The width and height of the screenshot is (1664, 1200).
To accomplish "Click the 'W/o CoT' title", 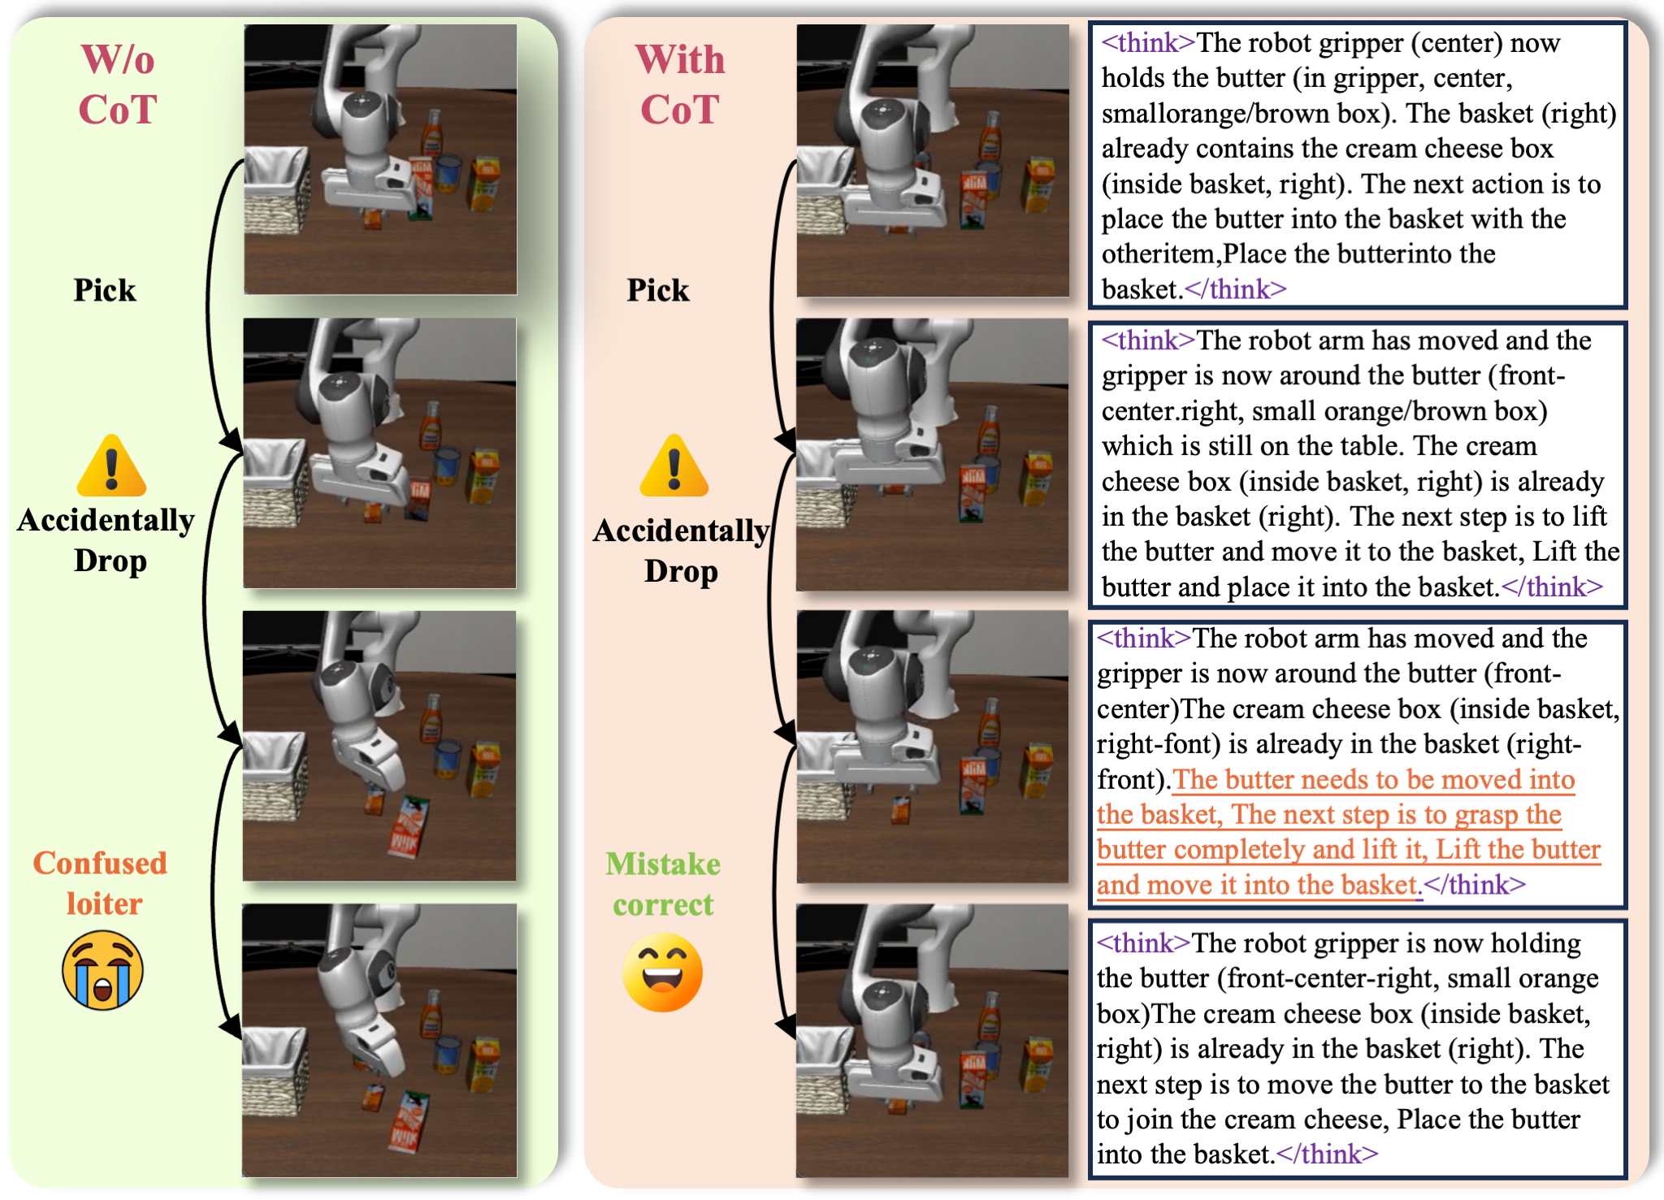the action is (117, 84).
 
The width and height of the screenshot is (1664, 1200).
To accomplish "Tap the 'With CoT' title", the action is (680, 84).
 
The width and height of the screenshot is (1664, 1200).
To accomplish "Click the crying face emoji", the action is (103, 970).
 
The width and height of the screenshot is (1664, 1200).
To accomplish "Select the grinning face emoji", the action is (662, 972).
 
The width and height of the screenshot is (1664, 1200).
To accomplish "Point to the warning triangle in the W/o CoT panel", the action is (111, 466).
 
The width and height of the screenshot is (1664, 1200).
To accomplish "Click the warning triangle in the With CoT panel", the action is (674, 466).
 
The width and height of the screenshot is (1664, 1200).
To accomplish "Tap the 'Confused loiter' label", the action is (101, 883).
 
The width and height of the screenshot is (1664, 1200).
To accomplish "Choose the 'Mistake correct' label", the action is (663, 884).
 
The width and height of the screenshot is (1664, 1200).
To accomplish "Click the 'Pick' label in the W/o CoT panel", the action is (105, 290).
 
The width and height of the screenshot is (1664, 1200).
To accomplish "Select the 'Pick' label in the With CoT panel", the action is (658, 290).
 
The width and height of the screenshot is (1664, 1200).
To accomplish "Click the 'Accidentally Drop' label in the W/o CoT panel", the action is (106, 540).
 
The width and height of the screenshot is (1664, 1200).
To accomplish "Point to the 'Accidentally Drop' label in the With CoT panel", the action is (682, 551).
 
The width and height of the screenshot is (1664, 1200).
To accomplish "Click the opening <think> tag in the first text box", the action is (1148, 42).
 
